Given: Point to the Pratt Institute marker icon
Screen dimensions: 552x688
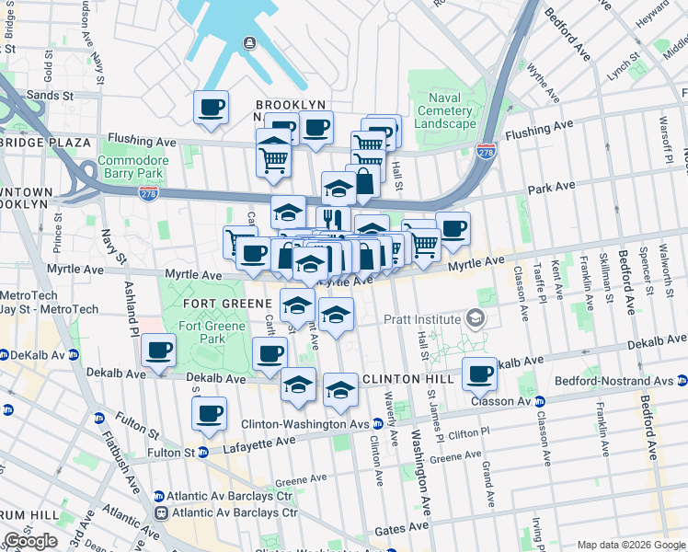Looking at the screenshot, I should pyautogui.click(x=475, y=319).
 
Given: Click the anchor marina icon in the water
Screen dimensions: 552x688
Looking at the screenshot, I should pyautogui.click(x=249, y=42).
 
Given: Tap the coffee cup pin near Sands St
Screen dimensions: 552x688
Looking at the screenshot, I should pyautogui.click(x=211, y=109).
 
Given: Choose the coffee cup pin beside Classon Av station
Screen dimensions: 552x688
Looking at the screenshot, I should pyautogui.click(x=480, y=374).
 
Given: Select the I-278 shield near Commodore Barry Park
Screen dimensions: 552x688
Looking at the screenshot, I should pyautogui.click(x=147, y=193).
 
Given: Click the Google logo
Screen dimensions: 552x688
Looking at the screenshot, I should pyautogui.click(x=29, y=541).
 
